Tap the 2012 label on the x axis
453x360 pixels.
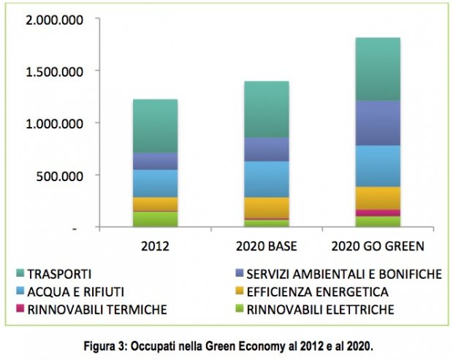click(x=154, y=245)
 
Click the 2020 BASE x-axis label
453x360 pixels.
click(x=266, y=245)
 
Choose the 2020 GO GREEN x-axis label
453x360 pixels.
click(x=378, y=245)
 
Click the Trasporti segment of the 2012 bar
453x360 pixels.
click(x=155, y=126)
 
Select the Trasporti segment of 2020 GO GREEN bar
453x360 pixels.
click(x=378, y=69)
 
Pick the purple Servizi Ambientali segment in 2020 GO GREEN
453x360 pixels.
click(x=378, y=123)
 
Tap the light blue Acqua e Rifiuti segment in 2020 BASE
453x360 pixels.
click(x=266, y=179)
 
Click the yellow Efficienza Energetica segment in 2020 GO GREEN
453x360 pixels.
click(x=378, y=198)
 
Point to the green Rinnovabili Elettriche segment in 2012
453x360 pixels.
click(x=155, y=219)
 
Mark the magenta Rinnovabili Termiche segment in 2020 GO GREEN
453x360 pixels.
click(x=378, y=212)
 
